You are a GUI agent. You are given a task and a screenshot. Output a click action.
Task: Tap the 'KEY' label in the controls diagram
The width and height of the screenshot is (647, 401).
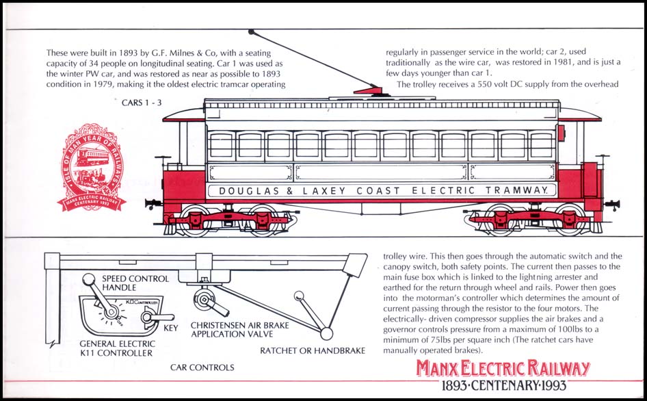171,328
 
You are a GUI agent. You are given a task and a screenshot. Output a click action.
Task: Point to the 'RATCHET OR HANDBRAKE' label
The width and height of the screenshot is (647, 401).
313,351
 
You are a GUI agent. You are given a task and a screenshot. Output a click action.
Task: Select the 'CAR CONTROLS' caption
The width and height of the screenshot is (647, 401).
202,367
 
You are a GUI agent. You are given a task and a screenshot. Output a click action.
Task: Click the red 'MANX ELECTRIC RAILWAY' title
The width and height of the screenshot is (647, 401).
503,369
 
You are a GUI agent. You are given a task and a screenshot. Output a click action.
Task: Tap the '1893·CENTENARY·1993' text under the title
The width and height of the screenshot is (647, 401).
504,386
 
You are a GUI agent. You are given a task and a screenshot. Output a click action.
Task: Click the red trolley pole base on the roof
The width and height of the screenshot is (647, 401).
369,92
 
